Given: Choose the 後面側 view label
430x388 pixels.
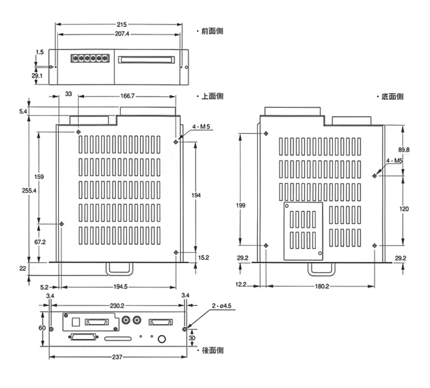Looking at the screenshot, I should pos(212,350).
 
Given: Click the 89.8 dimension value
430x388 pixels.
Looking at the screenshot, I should pos(403,150).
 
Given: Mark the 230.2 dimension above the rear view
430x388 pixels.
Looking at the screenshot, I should pos(118,306).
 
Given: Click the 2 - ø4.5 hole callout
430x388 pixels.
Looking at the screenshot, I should pos(223,306).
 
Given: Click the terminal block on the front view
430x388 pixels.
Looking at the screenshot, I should pos(90,58).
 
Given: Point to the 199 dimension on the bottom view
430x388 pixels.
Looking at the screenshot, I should pos(240,205).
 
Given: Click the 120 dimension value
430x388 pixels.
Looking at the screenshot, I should pos(404,209).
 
